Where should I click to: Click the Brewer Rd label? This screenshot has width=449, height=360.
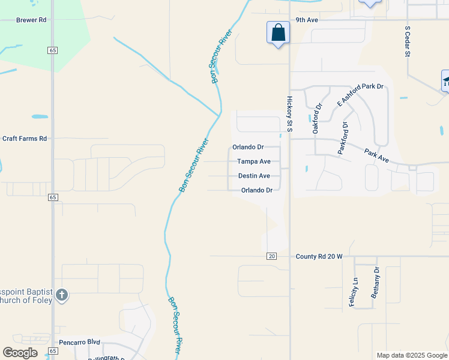click(x=31, y=20)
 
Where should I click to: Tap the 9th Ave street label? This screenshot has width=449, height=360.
click(x=307, y=20)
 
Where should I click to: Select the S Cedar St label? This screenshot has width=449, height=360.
click(x=407, y=41)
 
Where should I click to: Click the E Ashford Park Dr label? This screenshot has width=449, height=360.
click(x=360, y=94)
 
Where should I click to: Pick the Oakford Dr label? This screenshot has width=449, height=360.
click(x=318, y=118)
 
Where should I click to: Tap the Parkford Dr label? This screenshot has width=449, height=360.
click(x=344, y=139)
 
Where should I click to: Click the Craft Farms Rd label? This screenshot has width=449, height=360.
click(x=25, y=139)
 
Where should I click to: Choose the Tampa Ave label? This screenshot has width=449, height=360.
click(x=253, y=161)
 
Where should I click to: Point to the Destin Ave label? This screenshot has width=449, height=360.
click(x=253, y=176)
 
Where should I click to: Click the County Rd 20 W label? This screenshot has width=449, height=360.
click(x=319, y=256)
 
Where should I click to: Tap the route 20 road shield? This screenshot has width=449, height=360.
click(x=272, y=256)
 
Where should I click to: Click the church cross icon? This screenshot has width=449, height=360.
click(x=62, y=295)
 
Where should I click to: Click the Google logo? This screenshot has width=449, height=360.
click(x=20, y=353)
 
